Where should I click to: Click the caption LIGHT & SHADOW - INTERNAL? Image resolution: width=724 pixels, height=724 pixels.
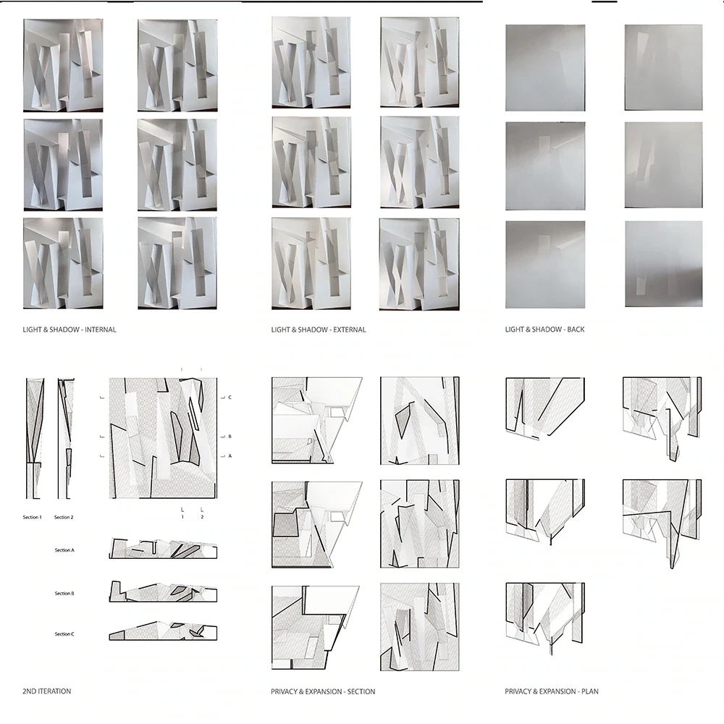click(70, 329)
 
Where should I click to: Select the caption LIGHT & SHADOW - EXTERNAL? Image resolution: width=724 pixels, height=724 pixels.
click(319, 329)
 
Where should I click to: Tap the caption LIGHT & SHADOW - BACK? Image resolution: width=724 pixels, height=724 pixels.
click(545, 329)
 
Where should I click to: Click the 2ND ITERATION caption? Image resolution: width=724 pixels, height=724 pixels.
click(46, 691)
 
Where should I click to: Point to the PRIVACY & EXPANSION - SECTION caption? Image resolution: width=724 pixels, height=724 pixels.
click(323, 691)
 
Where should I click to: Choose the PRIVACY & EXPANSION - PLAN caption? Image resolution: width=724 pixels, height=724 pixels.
click(552, 691)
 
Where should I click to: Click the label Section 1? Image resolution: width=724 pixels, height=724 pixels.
click(33, 517)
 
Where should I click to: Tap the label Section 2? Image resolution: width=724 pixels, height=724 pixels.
click(64, 517)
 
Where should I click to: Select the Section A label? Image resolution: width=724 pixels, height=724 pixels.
click(64, 550)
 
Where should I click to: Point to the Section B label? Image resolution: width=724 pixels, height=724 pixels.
click(64, 594)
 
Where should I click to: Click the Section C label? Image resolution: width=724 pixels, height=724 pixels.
click(64, 634)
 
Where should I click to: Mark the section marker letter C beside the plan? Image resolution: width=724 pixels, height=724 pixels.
click(230, 397)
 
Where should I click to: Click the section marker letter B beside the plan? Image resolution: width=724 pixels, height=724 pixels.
click(230, 437)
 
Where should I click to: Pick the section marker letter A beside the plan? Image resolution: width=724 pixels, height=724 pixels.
click(230, 455)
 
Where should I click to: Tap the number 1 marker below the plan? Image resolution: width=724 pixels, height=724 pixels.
click(182, 517)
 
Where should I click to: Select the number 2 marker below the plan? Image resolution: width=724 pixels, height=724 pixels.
click(202, 517)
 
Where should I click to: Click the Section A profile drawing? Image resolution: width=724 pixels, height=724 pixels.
click(163, 549)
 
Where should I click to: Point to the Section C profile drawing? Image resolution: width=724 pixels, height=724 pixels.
click(163, 631)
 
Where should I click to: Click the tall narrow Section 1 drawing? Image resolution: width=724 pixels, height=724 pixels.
click(35, 439)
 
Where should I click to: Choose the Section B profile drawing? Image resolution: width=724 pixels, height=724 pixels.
click(163, 592)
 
